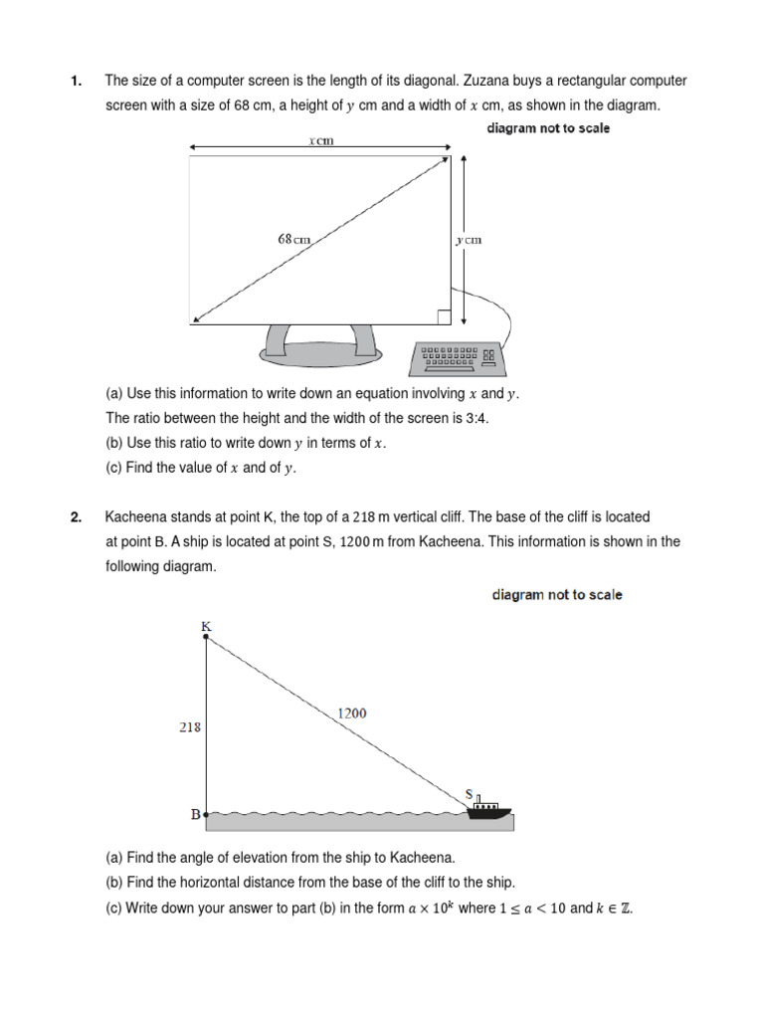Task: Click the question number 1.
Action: coord(76,81)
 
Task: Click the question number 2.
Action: coord(76,517)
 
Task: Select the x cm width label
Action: coord(320,141)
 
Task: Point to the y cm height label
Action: coord(469,240)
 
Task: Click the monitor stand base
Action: coord(320,351)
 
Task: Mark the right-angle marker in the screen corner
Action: coord(444,316)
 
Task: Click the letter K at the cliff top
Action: coord(206,626)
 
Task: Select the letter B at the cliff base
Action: coord(195,815)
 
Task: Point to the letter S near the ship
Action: coord(470,794)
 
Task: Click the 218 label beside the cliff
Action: coord(189,726)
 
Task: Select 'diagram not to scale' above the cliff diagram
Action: coord(557,595)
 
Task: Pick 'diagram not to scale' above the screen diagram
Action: coord(548,128)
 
